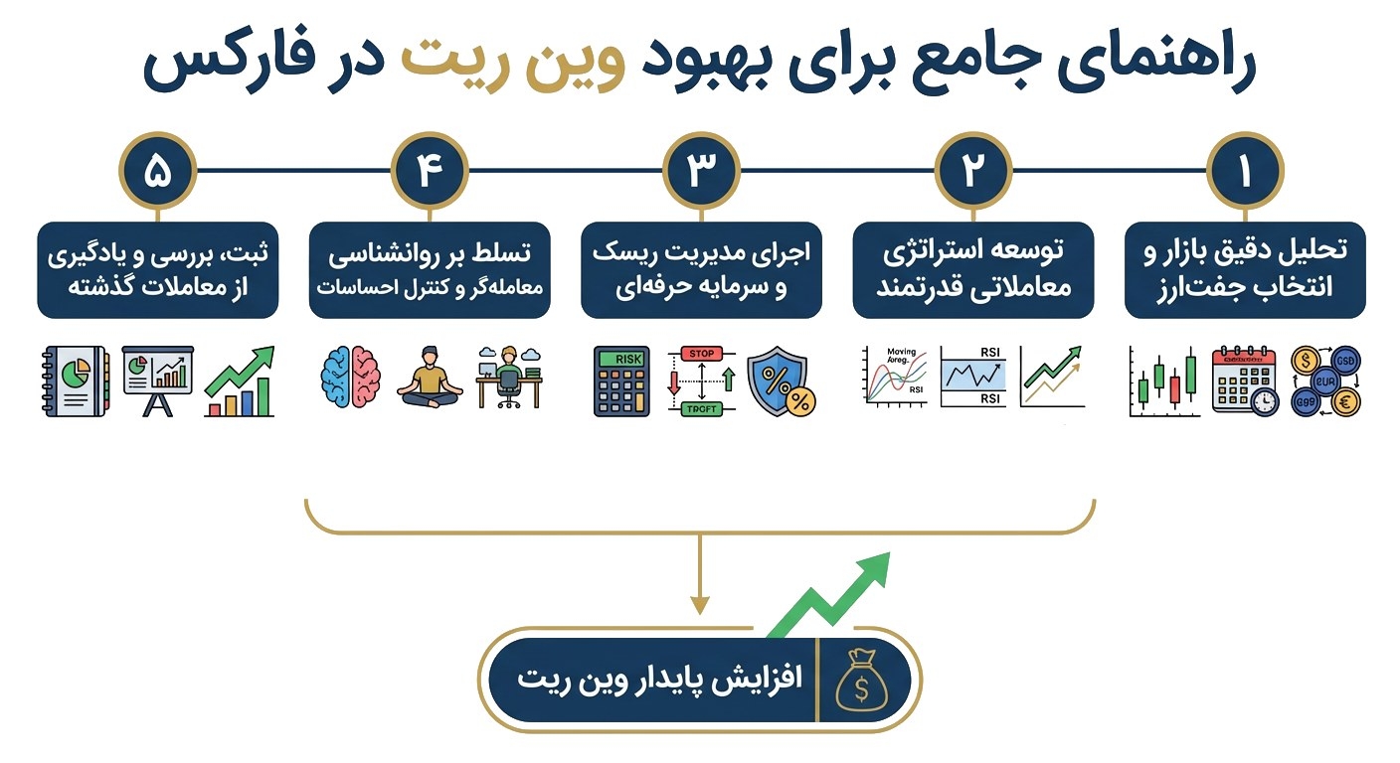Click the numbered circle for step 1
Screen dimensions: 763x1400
pyautogui.click(x=1244, y=170)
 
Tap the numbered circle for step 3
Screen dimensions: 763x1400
pyautogui.click(x=701, y=170)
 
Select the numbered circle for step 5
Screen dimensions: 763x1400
pyautogui.click(x=158, y=170)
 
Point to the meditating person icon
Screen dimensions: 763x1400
pyautogui.click(x=430, y=378)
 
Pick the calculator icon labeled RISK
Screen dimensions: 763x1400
pyautogui.click(x=621, y=381)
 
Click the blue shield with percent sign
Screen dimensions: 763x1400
pyautogui.click(x=781, y=380)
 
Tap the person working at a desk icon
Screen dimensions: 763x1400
pyautogui.click(x=508, y=378)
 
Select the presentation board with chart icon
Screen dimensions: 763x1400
pyautogui.click(x=157, y=380)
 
